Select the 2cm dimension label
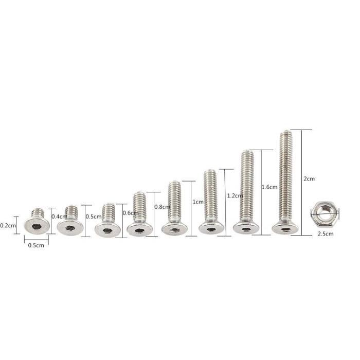pyautogui.click(x=309, y=178)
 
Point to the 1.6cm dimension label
pyautogui.click(x=269, y=187)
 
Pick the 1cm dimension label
pyautogui.click(x=198, y=202)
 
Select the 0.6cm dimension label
pyautogui.click(x=130, y=213)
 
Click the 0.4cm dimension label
pyautogui.click(x=59, y=217)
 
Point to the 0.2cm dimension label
pyautogui.click(x=8, y=225)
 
